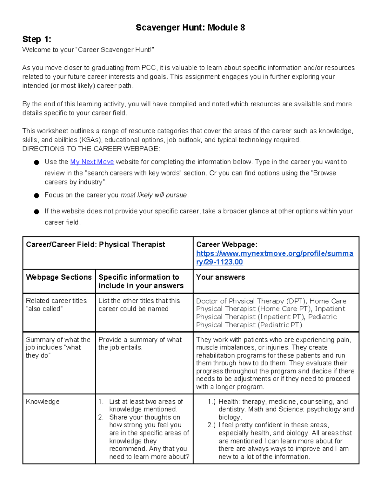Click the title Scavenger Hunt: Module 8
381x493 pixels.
[190, 28]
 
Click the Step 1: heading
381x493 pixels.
[37, 39]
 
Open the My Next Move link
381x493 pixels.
[92, 162]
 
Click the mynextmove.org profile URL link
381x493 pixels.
[274, 257]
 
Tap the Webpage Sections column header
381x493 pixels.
[59, 277]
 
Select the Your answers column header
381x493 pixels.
[220, 277]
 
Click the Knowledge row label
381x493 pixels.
[43, 402]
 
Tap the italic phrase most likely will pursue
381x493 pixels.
[154, 195]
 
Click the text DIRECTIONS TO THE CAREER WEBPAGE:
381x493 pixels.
[91, 149]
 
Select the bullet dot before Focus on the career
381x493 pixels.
[37, 196]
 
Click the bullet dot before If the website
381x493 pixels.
[37, 212]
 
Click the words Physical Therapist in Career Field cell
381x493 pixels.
[132, 244]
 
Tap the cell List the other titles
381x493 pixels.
[139, 305]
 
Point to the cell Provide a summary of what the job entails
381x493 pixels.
[140, 343]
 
